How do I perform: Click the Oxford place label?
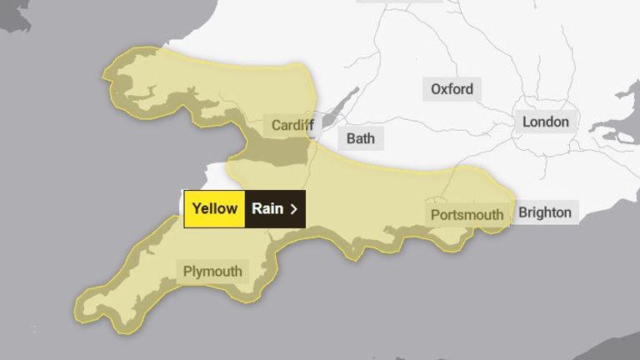pos(452,89)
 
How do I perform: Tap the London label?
pos(545,122)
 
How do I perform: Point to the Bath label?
pos(360,138)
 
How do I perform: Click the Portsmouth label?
pos(467,214)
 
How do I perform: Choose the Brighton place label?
pos(545,212)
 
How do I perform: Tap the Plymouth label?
pos(212,271)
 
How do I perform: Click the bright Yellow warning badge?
pos(215,208)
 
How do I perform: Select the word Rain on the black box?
pos(267,208)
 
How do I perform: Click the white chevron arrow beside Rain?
pos(293,208)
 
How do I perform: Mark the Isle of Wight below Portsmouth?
pos(451,239)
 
